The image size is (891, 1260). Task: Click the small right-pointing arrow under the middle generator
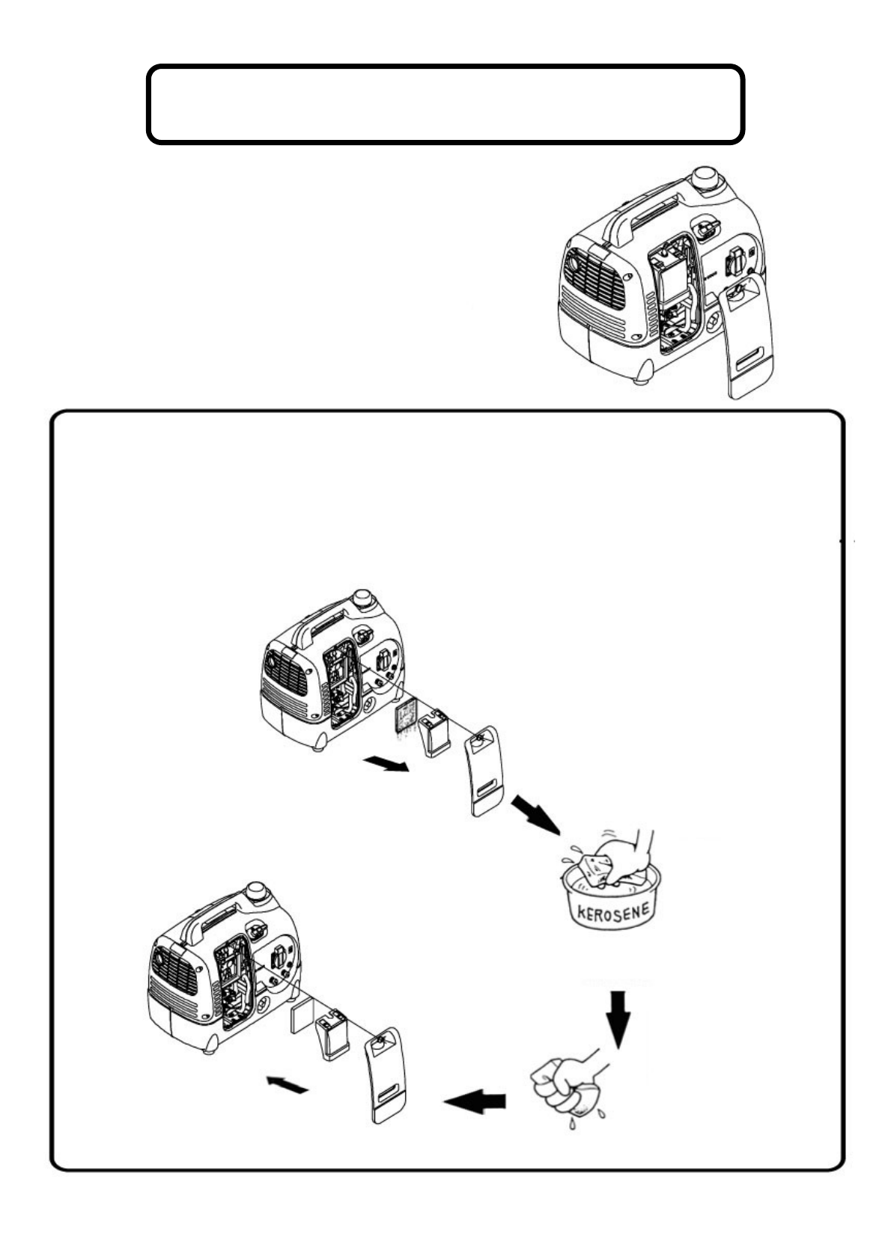(x=386, y=764)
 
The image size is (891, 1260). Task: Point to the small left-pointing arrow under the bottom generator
(x=287, y=1084)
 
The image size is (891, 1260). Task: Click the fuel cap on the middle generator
(x=365, y=599)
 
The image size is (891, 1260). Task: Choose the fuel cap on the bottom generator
(x=258, y=892)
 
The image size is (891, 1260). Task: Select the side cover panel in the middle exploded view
(x=482, y=771)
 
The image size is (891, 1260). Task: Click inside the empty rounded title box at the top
(x=445, y=104)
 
